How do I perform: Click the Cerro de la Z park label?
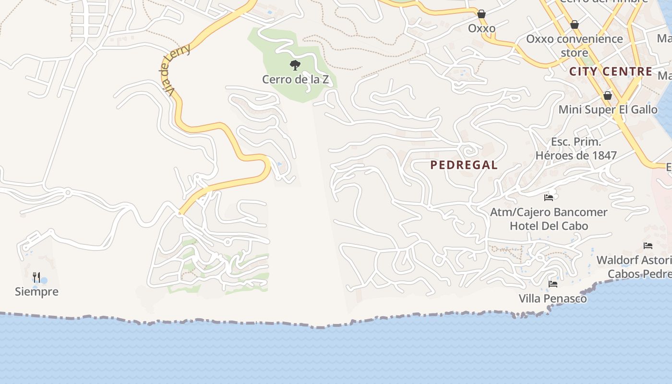coord(295,79)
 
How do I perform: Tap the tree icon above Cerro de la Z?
coord(295,65)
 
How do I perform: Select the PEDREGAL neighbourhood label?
coord(464,165)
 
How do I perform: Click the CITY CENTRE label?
coord(611,72)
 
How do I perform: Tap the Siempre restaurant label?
coord(36,291)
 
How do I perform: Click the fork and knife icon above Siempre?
coord(36,277)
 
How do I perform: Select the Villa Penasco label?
coord(552,299)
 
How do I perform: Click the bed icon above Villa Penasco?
coord(553,284)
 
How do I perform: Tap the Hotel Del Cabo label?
coord(549,226)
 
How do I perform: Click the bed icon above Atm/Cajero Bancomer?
coord(549,197)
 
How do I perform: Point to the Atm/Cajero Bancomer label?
coord(549,212)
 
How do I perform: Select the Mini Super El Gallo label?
coord(608,109)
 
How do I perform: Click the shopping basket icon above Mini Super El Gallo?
coord(608,96)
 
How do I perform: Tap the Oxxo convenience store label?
coord(575,46)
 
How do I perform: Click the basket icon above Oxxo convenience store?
coord(575,24)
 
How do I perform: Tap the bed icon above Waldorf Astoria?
coord(648,246)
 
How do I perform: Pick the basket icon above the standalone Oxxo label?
coord(481,14)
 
